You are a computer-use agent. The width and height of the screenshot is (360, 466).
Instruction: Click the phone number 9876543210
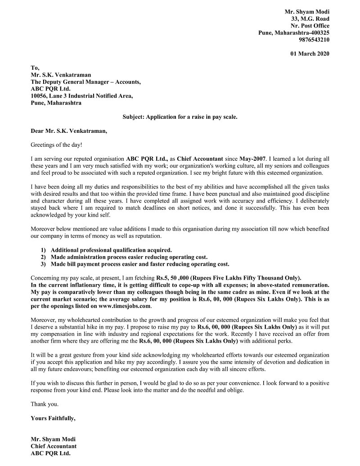[314, 40]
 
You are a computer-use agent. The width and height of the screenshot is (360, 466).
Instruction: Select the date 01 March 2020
[310, 54]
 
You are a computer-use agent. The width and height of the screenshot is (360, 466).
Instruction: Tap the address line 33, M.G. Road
[310, 19]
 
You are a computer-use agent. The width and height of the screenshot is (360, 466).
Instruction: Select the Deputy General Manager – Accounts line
[85, 82]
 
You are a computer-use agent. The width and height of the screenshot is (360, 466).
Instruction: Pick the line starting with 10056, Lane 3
[81, 96]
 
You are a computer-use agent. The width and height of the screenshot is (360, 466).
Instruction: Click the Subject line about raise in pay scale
[180, 117]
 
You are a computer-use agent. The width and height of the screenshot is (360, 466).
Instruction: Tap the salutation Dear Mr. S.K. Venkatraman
[69, 131]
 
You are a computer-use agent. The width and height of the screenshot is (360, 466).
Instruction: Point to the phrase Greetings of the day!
[57, 145]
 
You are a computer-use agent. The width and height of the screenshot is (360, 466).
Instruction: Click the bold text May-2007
[252, 159]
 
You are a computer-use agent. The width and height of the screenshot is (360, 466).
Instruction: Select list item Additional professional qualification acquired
[111, 250]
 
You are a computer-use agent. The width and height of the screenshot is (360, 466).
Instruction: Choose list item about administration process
[129, 257]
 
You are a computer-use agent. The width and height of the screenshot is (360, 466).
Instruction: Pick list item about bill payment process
[140, 264]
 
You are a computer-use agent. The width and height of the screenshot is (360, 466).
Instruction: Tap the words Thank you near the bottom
[45, 404]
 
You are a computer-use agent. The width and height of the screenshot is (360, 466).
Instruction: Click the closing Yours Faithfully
[53, 418]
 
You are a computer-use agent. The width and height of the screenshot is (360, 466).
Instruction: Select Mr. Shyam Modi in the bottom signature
[53, 439]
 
